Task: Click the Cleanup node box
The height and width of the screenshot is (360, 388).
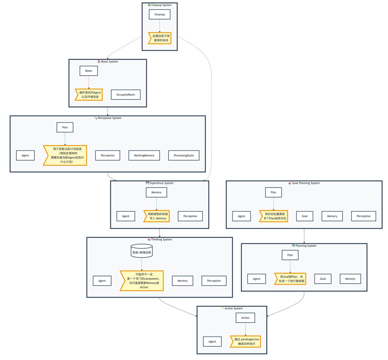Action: [x=159, y=15]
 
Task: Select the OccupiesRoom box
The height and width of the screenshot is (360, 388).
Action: [x=126, y=95]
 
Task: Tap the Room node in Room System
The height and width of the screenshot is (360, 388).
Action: [x=89, y=71]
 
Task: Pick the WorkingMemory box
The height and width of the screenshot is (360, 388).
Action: [x=144, y=155]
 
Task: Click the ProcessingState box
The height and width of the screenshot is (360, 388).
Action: [x=184, y=155]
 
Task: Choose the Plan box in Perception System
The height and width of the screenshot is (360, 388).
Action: [x=65, y=127]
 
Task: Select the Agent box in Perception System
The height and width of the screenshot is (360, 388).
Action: [x=25, y=155]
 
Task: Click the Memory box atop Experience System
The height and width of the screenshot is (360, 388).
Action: [x=156, y=192]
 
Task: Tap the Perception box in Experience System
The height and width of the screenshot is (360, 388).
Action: [x=190, y=216]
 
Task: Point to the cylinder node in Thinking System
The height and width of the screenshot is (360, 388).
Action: [x=141, y=251]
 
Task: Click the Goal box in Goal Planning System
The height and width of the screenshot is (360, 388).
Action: [x=304, y=216]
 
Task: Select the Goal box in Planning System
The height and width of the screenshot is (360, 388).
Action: [x=323, y=279]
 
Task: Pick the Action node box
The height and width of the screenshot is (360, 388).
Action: [x=245, y=318]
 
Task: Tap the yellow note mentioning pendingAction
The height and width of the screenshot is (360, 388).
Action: [x=245, y=342]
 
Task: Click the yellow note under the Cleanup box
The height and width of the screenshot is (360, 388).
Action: [x=160, y=38]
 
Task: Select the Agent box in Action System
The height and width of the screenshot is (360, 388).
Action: [x=212, y=342]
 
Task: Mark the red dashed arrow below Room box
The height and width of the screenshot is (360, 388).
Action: [x=89, y=82]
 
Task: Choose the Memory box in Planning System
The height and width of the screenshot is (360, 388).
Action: [x=350, y=279]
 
